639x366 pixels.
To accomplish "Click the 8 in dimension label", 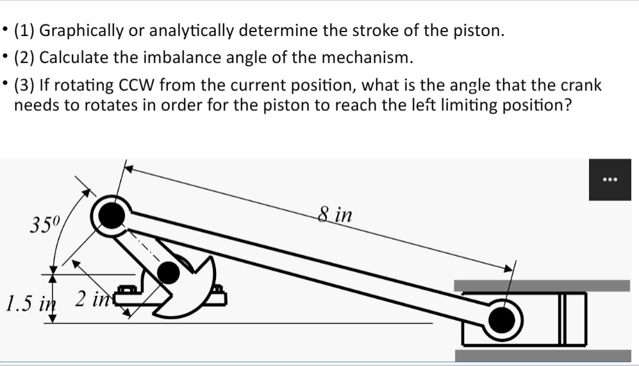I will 335,214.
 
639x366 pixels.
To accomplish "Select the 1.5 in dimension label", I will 28,299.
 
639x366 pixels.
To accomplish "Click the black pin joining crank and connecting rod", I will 113,216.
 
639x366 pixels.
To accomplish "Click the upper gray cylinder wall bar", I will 542,285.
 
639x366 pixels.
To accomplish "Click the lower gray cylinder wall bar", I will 542,355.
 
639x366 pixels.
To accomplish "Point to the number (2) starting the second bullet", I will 26,58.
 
